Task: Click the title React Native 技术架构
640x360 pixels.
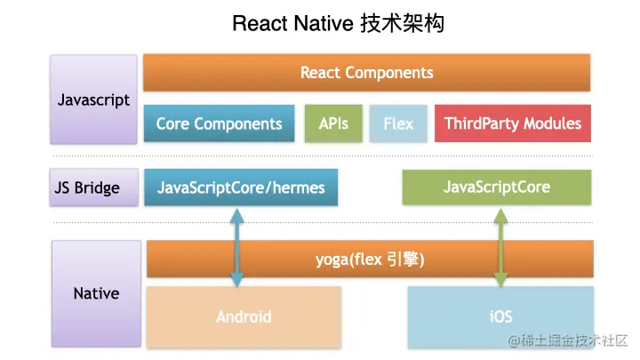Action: (x=338, y=23)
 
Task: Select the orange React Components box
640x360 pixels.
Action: (x=366, y=73)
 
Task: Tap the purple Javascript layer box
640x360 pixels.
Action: (x=93, y=100)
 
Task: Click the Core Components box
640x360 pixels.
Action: (x=219, y=124)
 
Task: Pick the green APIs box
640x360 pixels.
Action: (x=333, y=124)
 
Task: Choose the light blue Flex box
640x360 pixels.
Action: (x=398, y=124)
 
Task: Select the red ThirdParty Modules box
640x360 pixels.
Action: (x=512, y=124)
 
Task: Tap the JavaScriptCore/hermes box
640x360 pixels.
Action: (x=241, y=188)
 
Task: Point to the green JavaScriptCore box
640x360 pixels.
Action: (x=496, y=188)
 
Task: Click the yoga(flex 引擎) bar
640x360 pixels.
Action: (x=370, y=260)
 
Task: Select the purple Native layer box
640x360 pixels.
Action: (x=96, y=292)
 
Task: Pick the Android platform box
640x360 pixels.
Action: (x=244, y=316)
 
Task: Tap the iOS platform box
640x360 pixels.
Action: (x=500, y=316)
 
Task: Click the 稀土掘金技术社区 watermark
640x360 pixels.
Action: (x=569, y=340)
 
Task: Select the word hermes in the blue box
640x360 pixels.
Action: (x=297, y=188)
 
